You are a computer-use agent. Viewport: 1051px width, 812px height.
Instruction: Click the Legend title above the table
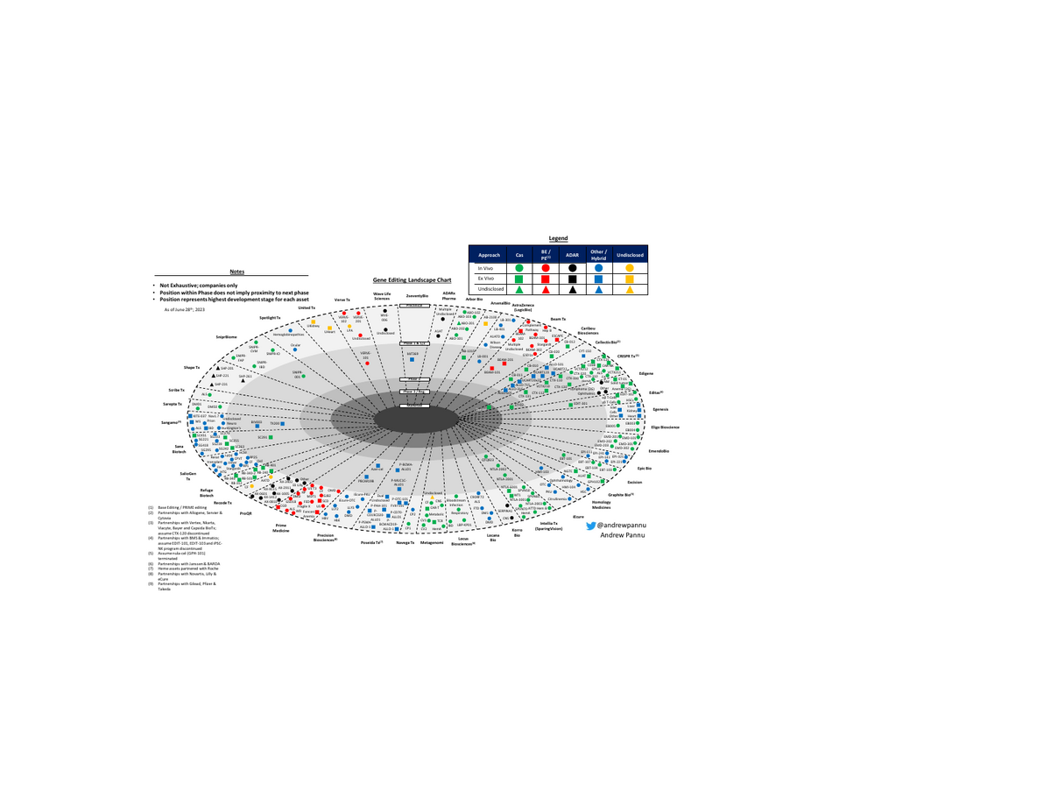point(558,238)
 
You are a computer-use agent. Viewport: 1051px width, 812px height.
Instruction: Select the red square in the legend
point(547,279)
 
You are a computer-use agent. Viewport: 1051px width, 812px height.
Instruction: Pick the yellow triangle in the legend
point(630,289)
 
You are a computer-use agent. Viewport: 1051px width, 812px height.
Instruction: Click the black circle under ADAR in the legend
point(572,267)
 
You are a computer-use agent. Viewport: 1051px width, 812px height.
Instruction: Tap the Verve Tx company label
point(342,300)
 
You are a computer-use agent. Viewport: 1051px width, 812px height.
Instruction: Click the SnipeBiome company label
point(226,335)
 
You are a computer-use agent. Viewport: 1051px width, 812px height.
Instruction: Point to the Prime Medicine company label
point(280,528)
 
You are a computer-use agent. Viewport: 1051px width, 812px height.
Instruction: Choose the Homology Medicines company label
point(601,505)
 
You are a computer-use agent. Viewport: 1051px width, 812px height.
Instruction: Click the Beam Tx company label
point(559,319)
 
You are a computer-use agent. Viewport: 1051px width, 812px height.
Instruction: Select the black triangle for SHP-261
point(243,379)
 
